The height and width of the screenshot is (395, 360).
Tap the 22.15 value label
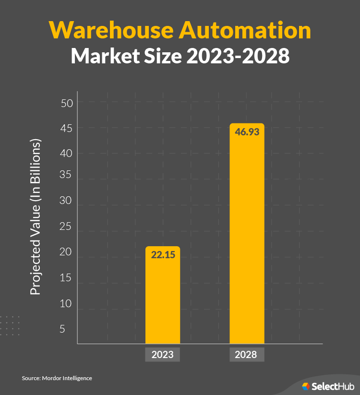click(163, 255)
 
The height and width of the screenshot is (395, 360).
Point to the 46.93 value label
click(247, 132)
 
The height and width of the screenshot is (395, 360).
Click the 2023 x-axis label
click(163, 355)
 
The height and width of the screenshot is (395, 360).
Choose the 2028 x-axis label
click(246, 355)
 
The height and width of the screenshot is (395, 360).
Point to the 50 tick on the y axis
click(66, 103)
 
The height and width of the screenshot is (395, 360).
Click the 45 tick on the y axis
click(66, 128)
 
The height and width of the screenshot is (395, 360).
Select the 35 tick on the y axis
click(66, 175)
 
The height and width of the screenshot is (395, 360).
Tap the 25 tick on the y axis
click(66, 227)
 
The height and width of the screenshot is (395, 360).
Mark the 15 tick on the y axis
click(66, 278)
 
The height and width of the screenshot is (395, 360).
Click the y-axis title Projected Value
click(36, 217)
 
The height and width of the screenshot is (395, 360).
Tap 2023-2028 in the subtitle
click(238, 56)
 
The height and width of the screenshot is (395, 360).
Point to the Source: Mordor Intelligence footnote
click(57, 378)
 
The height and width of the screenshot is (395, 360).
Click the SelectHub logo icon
click(306, 386)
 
